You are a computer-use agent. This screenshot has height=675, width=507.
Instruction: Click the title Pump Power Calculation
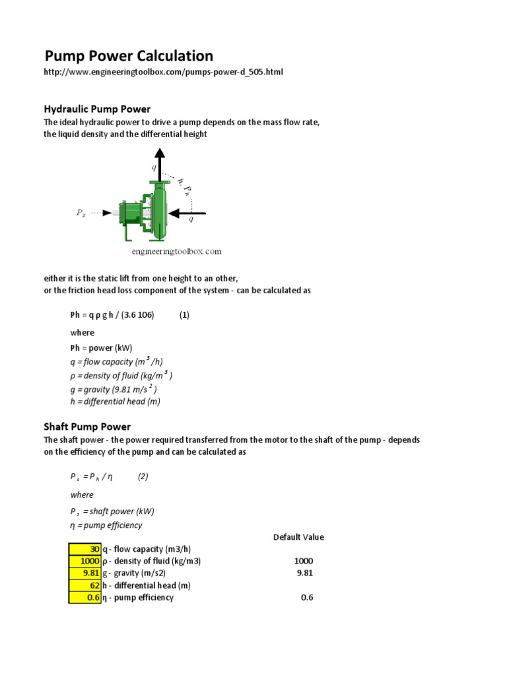click(x=128, y=56)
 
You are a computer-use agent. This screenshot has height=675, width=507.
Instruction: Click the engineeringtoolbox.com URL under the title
click(x=163, y=72)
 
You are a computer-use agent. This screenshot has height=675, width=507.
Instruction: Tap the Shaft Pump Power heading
click(x=87, y=426)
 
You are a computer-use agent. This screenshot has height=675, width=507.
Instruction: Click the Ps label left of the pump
click(x=81, y=213)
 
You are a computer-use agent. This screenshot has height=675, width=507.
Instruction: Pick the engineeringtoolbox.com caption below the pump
click(x=176, y=251)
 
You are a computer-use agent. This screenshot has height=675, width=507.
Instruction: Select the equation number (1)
click(x=184, y=315)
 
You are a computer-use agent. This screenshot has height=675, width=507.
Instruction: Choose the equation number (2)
click(x=143, y=477)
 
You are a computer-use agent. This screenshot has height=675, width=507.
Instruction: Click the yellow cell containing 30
click(x=84, y=549)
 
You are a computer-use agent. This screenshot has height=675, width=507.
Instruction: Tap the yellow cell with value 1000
click(x=84, y=561)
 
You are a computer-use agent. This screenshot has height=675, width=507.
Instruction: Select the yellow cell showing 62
click(x=84, y=585)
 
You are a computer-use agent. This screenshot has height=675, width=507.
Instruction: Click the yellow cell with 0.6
click(x=84, y=597)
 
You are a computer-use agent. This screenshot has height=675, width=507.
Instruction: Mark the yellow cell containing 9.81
click(x=84, y=573)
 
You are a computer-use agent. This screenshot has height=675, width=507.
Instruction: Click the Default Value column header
click(x=298, y=537)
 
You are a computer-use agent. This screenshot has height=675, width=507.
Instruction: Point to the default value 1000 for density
click(x=304, y=561)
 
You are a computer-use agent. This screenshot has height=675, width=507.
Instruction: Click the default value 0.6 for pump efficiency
click(x=306, y=597)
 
